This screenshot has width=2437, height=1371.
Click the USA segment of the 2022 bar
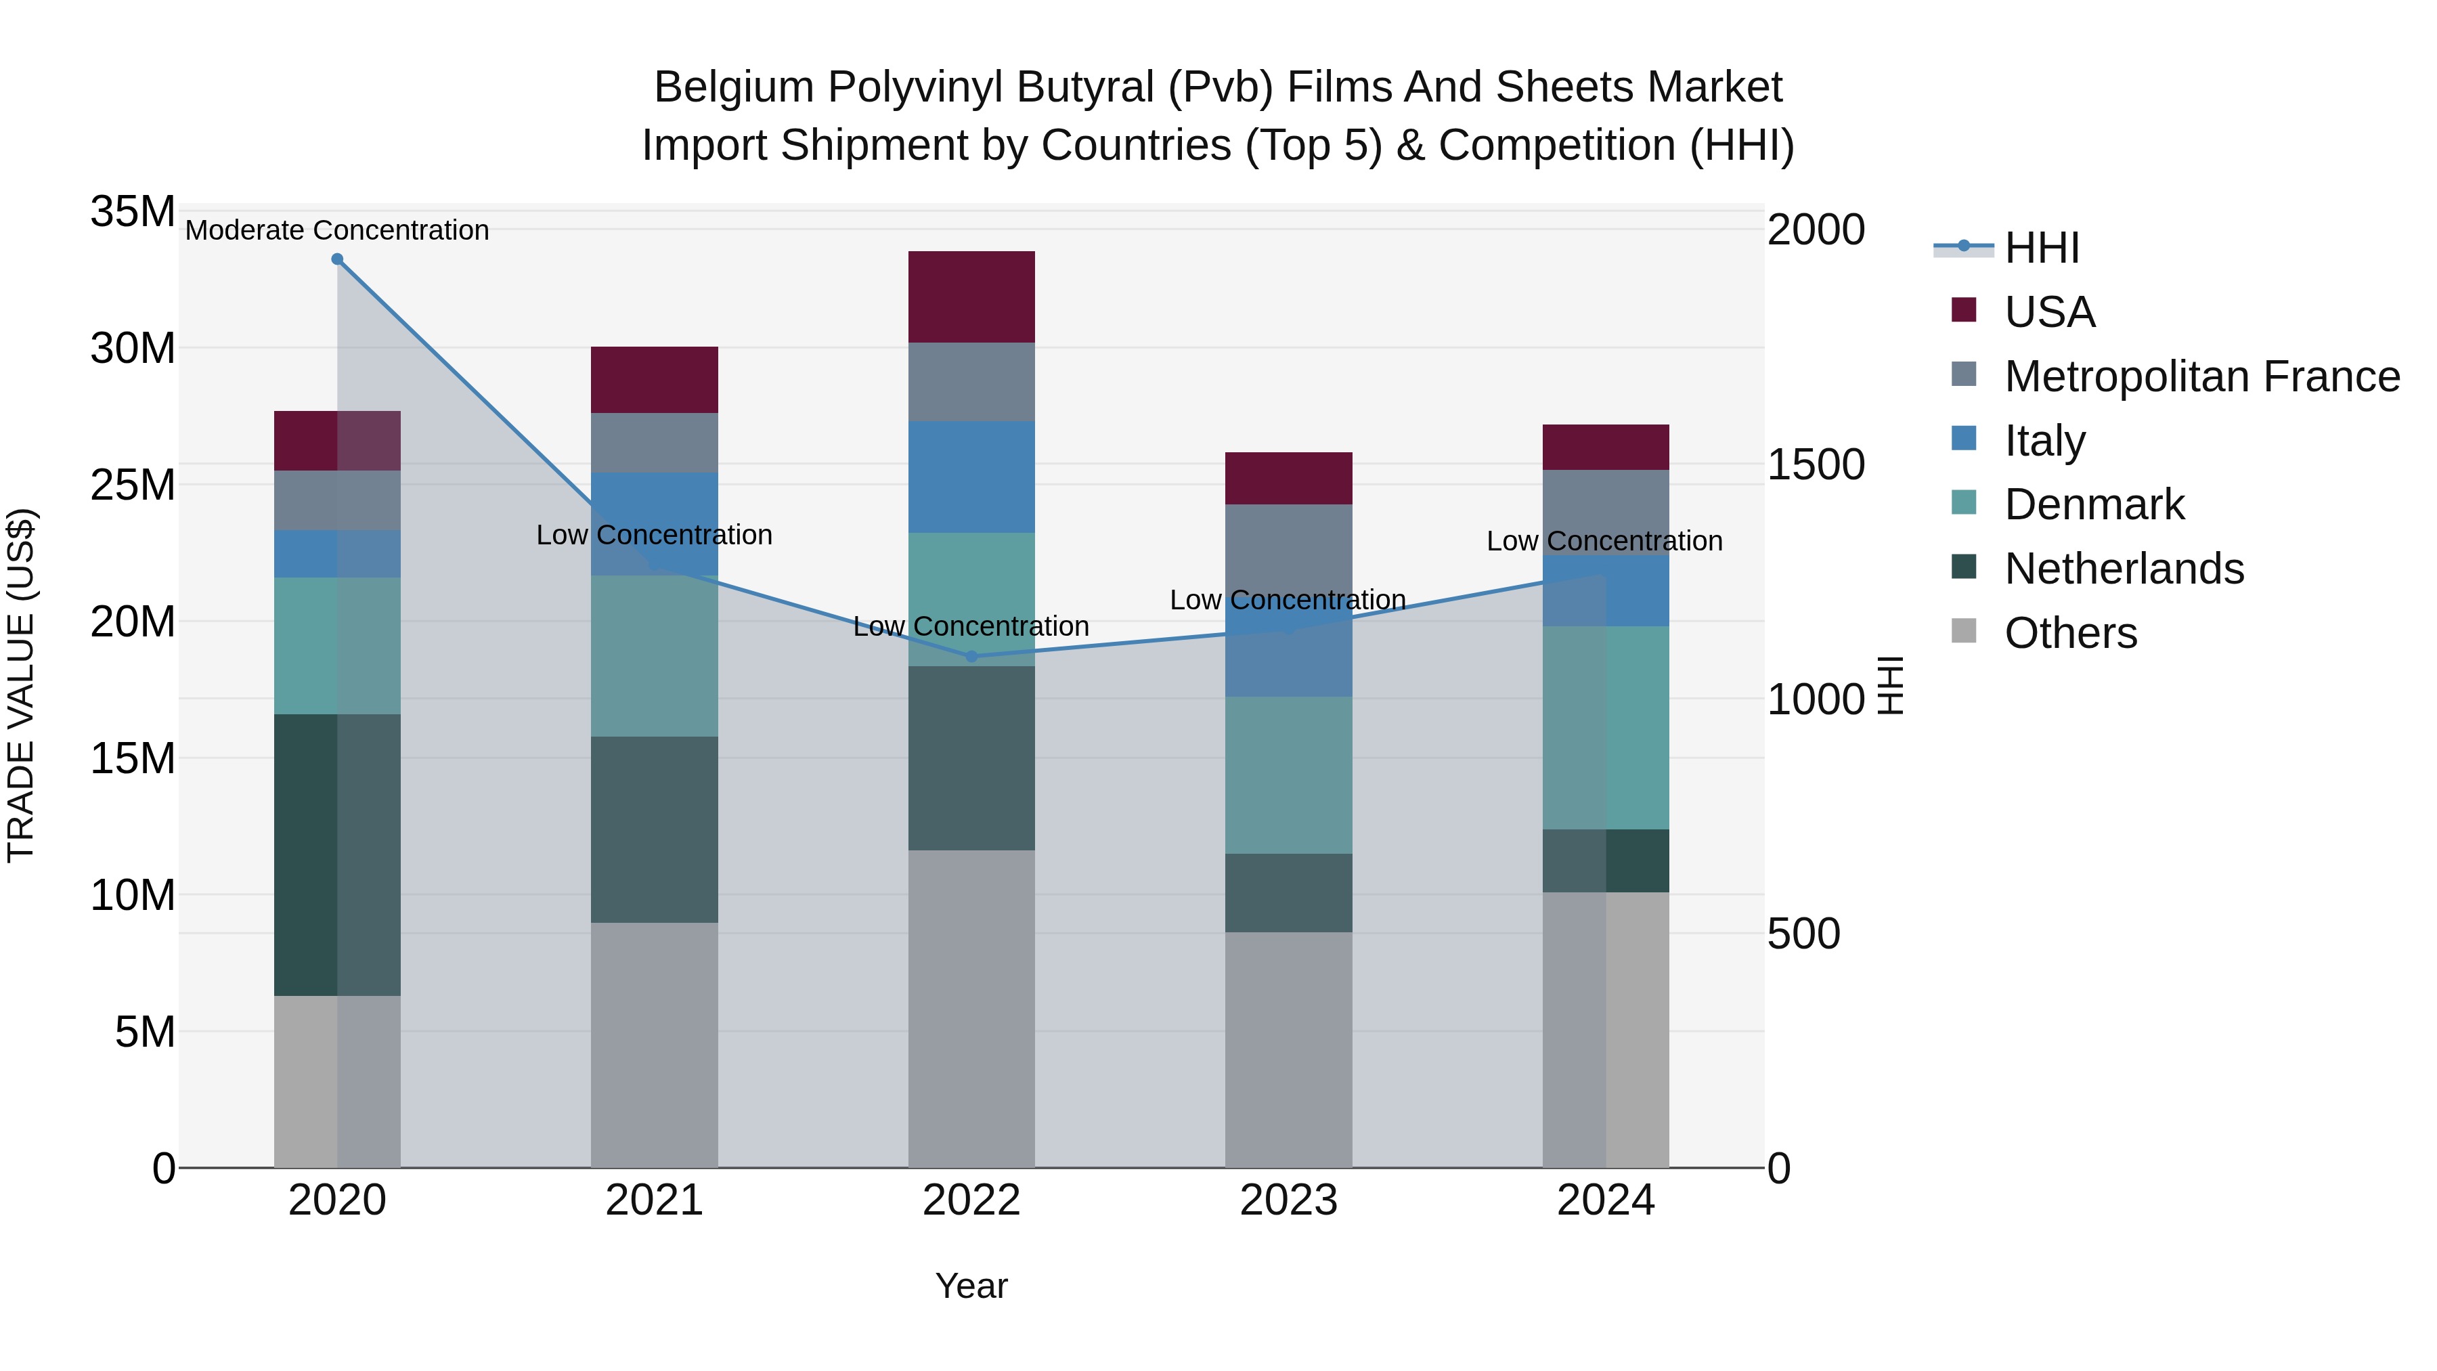(971, 296)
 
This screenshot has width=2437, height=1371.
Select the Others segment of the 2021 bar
(654, 1045)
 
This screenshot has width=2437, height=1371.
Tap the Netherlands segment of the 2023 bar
(1288, 892)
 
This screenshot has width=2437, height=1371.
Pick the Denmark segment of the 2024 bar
(1606, 728)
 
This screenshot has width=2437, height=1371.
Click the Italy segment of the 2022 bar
(971, 476)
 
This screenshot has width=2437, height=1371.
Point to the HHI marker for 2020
(338, 259)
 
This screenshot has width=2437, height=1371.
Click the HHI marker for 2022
(971, 655)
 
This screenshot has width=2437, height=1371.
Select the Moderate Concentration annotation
(338, 230)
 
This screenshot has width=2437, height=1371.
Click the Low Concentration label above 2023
(1288, 600)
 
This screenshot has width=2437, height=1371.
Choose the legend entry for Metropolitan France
(2201, 376)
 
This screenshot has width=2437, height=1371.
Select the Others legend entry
(2070, 633)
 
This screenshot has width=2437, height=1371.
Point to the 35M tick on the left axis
(133, 212)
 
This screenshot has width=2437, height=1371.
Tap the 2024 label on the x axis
(1606, 1200)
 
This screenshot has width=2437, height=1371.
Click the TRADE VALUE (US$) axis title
(22, 685)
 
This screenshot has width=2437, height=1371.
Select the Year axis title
(971, 1286)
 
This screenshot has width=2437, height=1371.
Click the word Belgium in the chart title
(733, 87)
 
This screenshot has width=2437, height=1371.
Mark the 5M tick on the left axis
(145, 1031)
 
